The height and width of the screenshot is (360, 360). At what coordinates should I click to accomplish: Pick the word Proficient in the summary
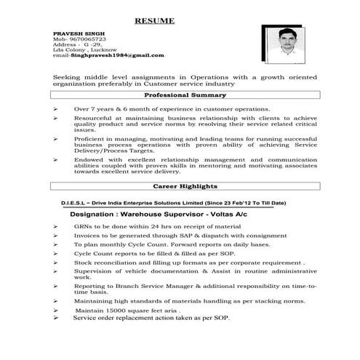tap(92, 137)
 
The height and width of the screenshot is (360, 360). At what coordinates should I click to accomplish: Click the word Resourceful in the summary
tap(95, 116)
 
